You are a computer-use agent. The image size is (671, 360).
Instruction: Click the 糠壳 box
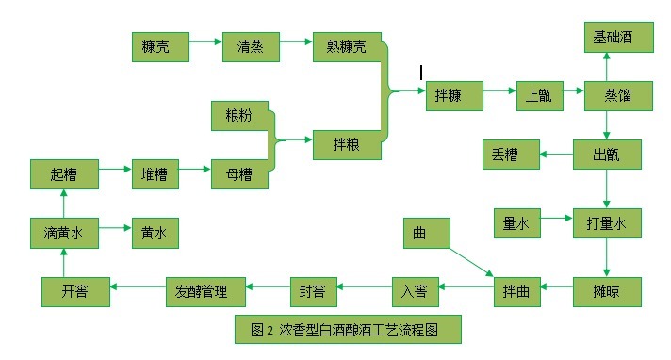tap(160, 46)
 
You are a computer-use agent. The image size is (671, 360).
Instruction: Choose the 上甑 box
tap(540, 95)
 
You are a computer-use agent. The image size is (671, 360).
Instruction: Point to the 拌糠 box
tap(453, 95)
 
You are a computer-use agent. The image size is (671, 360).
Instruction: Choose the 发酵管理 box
tap(205, 290)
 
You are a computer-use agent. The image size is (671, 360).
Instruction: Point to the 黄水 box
tap(155, 231)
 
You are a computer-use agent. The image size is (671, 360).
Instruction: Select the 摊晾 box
tap(607, 290)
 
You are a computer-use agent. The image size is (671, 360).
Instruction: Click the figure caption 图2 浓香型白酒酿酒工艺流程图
tap(349, 330)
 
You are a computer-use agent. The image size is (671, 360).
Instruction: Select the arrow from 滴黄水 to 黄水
tap(114, 227)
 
